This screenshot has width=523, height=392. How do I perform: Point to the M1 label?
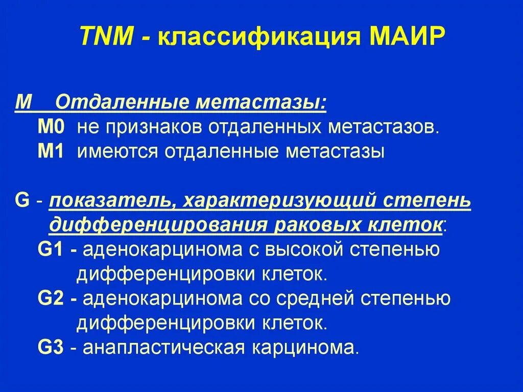tap(51, 152)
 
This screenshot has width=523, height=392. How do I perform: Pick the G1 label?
tap(51, 250)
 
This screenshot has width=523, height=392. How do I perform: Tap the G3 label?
tap(51, 348)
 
